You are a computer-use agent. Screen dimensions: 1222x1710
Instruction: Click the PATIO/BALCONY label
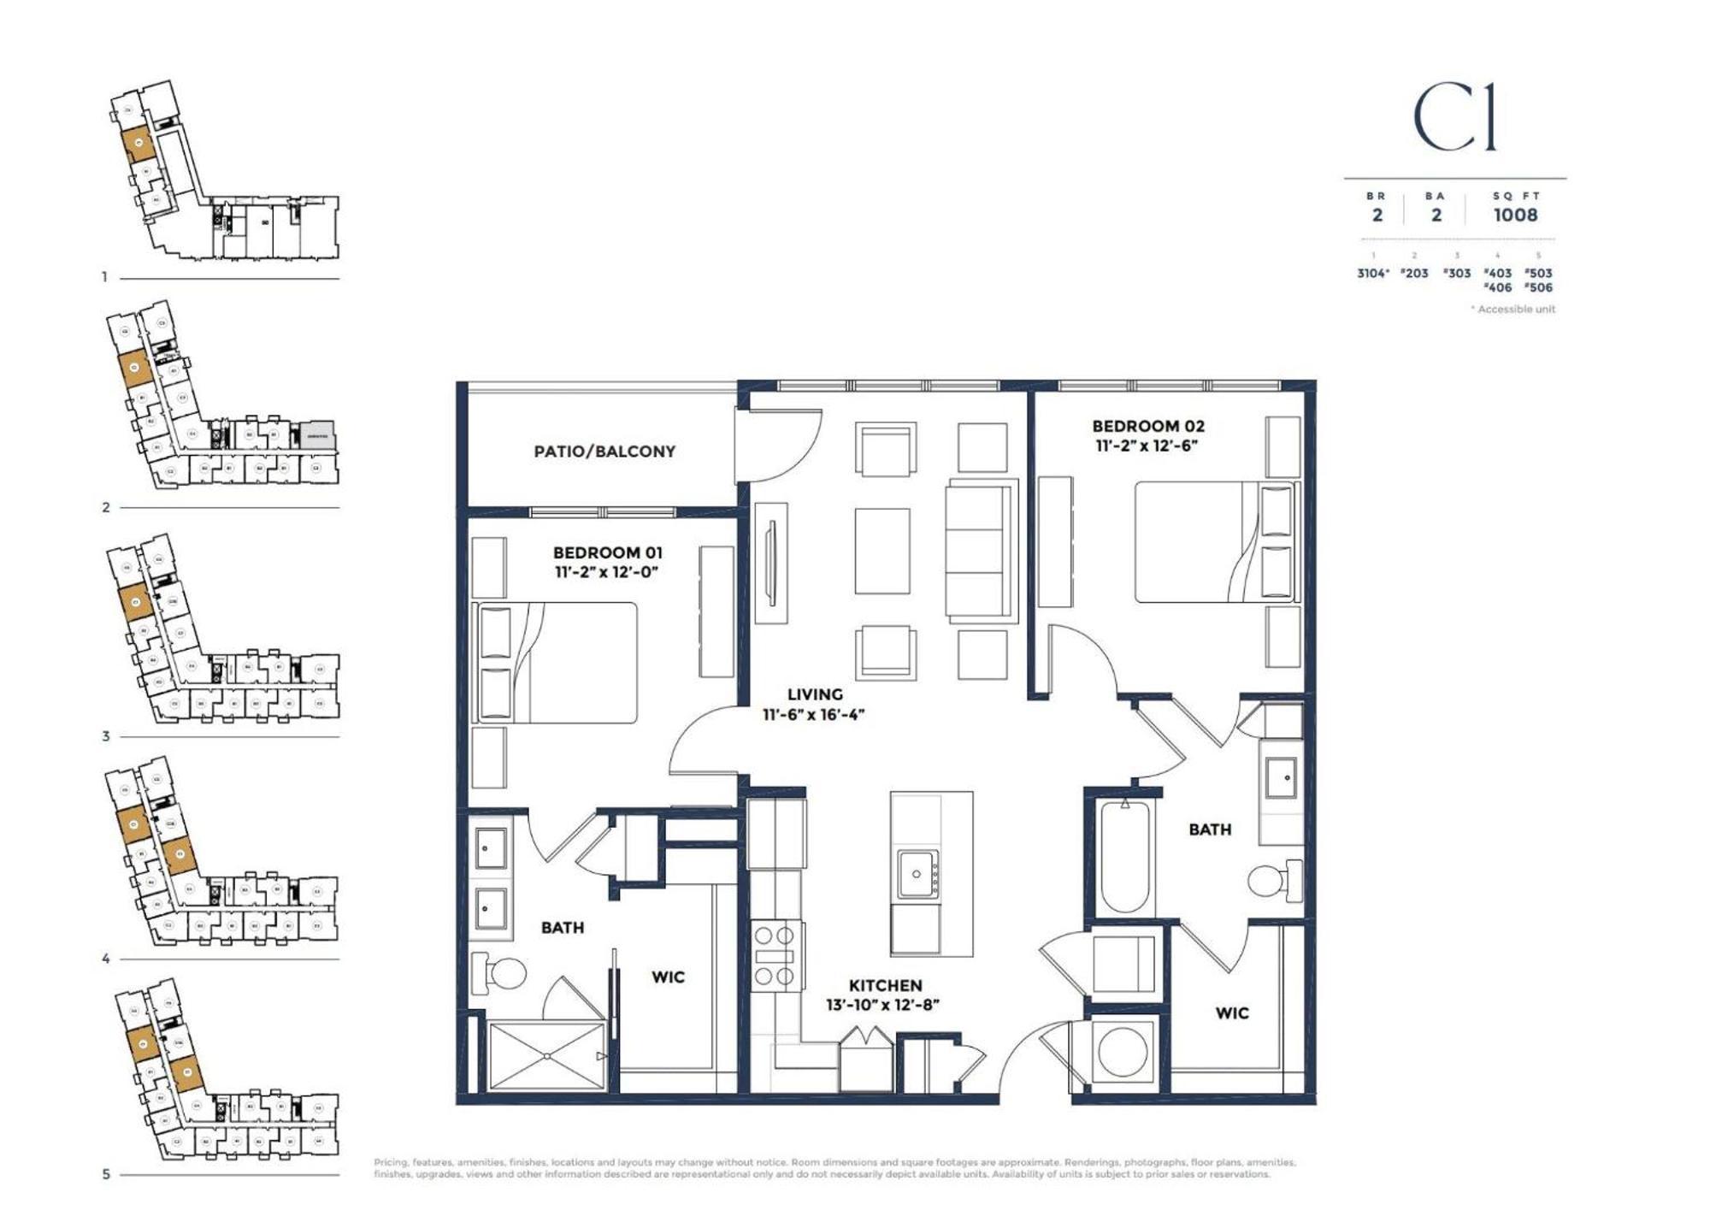(x=604, y=451)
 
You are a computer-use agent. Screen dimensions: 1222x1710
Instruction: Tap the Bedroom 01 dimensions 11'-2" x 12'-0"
(x=606, y=572)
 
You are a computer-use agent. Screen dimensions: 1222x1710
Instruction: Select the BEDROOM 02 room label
(x=1147, y=426)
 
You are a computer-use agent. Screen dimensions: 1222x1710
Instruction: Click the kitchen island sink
(x=917, y=874)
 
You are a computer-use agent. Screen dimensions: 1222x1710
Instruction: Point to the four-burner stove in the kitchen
(x=775, y=956)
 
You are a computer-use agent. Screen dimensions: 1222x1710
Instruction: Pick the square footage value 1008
(x=1515, y=215)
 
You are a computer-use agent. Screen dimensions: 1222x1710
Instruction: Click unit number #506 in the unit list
(x=1537, y=287)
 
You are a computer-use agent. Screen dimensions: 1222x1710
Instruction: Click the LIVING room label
(x=814, y=694)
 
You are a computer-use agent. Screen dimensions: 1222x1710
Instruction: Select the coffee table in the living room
(x=882, y=551)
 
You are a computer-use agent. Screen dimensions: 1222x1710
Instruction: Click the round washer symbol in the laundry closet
(x=1122, y=1051)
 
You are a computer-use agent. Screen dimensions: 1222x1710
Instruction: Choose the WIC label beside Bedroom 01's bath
(x=668, y=977)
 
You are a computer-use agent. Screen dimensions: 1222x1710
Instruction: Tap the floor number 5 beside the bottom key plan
(x=106, y=1174)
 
